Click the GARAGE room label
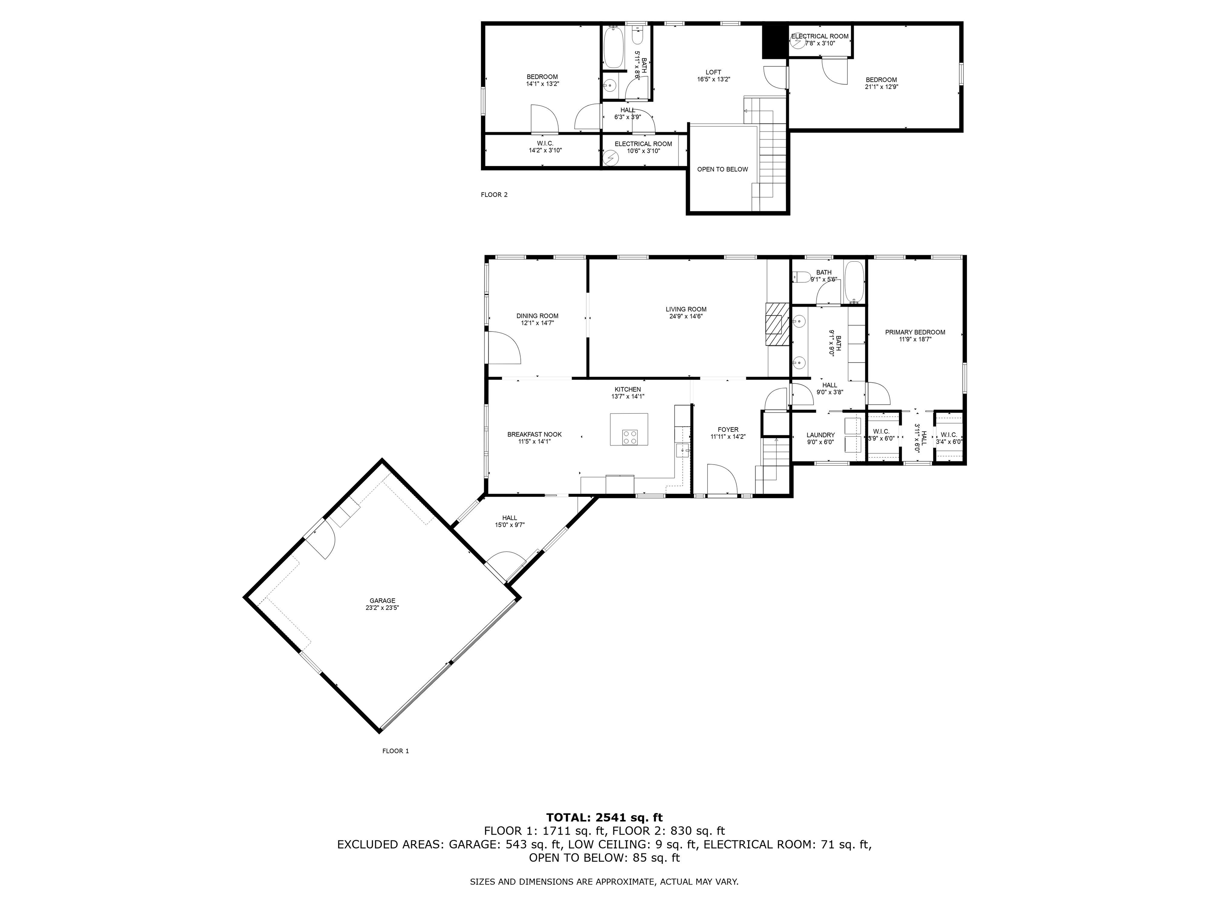click(382, 600)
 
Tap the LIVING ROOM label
click(686, 309)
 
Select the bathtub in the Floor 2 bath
click(614, 48)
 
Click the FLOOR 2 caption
click(494, 194)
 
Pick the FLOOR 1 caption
click(395, 751)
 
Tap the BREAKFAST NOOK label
click(534, 435)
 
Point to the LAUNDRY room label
click(821, 435)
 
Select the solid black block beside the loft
click(775, 41)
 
